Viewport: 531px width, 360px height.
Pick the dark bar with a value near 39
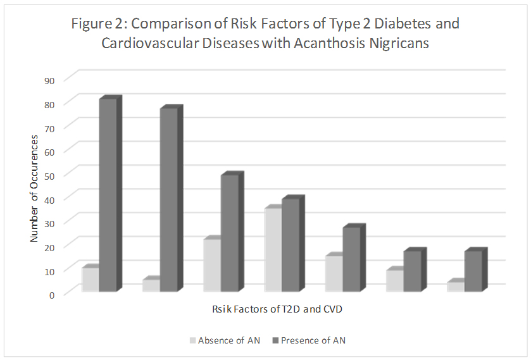(x=290, y=245)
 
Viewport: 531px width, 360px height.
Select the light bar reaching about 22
(x=212, y=265)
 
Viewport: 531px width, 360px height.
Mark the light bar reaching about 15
(x=334, y=273)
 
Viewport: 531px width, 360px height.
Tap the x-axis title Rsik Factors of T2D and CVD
(x=277, y=309)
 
